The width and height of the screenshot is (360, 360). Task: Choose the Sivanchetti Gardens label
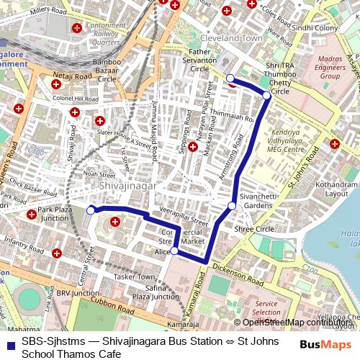click(260, 200)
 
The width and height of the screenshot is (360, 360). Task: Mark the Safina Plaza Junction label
click(156, 292)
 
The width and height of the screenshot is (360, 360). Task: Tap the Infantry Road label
click(24, 239)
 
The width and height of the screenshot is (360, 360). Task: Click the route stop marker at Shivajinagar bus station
click(91, 210)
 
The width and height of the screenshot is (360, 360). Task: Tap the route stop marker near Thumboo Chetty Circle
click(266, 95)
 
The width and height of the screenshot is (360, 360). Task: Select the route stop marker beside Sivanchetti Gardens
click(232, 207)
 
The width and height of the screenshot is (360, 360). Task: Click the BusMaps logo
click(325, 343)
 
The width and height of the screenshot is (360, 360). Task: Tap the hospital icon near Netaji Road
click(56, 86)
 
